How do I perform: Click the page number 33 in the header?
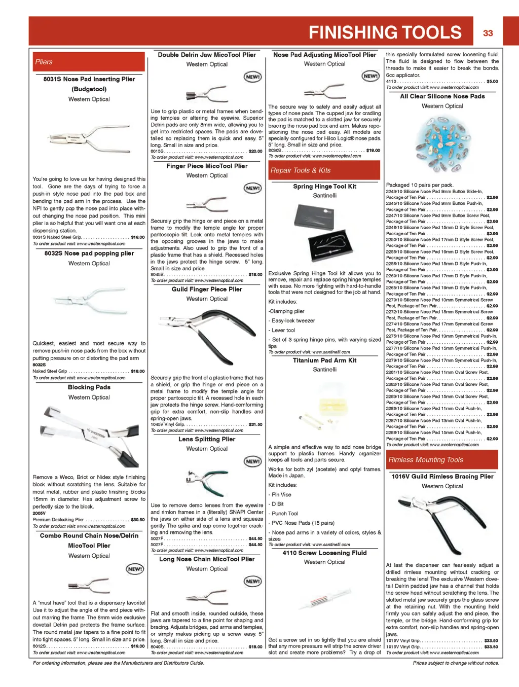pyautogui.click(x=488, y=33)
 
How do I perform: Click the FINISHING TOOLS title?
pyautogui.click(x=385, y=32)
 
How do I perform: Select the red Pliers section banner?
pyautogui.click(x=89, y=62)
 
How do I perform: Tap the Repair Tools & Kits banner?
pyautogui.click(x=324, y=170)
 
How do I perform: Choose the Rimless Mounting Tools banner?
pyautogui.click(x=442, y=460)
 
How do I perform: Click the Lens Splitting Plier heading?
pyautogui.click(x=207, y=439)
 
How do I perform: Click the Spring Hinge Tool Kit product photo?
pyautogui.click(x=324, y=234)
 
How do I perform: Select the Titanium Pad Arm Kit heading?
pyautogui.click(x=324, y=360)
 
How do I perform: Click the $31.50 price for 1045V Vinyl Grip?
pyautogui.click(x=255, y=424)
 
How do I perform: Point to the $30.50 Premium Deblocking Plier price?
pyautogui.click(x=138, y=520)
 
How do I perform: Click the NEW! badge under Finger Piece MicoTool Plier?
pyautogui.click(x=252, y=188)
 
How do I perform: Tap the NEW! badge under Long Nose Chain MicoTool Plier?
pyautogui.click(x=252, y=581)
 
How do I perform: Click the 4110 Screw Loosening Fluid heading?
pyautogui.click(x=324, y=553)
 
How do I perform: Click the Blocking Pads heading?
pyautogui.click(x=89, y=387)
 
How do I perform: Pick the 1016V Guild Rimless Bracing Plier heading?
pyautogui.click(x=442, y=477)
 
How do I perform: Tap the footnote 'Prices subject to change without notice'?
pyautogui.click(x=456, y=663)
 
